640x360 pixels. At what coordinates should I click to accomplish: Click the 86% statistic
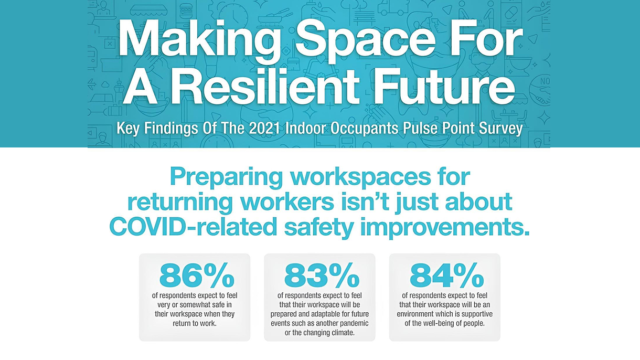tap(197, 276)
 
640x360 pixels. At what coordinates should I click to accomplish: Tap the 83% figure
tap(322, 276)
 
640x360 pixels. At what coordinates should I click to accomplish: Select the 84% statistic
tap(447, 276)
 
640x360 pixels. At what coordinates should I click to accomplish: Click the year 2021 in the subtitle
tap(264, 129)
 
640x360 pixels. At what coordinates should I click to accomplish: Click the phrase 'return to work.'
tap(195, 323)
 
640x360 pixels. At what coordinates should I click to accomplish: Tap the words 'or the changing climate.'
tap(319, 333)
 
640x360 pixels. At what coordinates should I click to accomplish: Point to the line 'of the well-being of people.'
tap(444, 324)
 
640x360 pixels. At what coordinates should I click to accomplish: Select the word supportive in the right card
tap(477, 314)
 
